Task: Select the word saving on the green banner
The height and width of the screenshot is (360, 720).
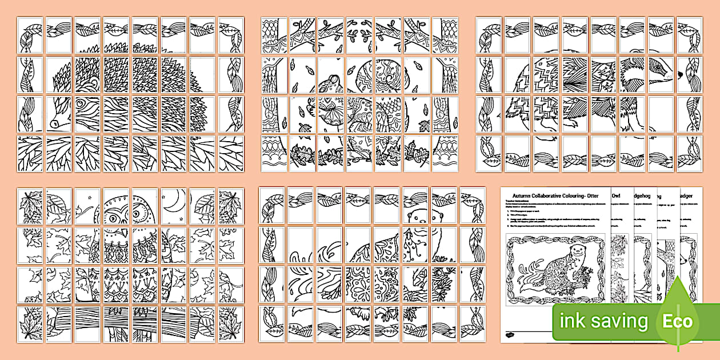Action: click(622, 322)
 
